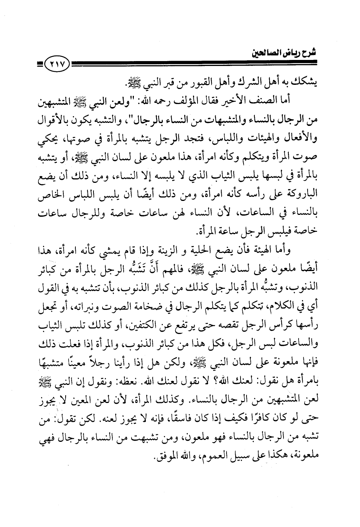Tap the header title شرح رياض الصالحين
(284, 52)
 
